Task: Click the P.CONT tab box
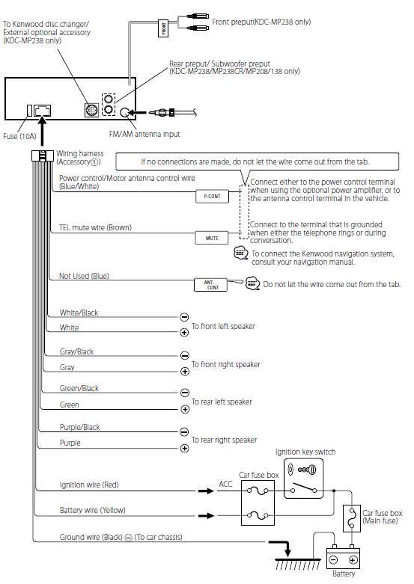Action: point(212,196)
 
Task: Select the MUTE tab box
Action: point(211,238)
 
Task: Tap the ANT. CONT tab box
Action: point(210,285)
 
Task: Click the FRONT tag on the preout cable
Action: point(163,28)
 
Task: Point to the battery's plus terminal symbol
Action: point(353,560)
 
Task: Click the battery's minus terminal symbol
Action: point(333,560)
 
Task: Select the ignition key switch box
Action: point(304,479)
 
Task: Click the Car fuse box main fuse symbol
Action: point(351,518)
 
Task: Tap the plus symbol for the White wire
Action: point(184,332)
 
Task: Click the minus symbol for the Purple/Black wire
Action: point(184,431)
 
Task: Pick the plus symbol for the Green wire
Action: point(185,409)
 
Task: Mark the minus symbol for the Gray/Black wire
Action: point(185,355)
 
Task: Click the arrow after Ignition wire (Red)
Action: point(206,491)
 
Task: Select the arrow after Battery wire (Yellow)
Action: point(206,516)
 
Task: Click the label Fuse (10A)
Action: point(19,136)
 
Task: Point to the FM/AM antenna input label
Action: point(144,134)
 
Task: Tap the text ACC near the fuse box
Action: point(225,484)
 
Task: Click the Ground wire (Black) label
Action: point(91,537)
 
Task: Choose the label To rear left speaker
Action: point(222,402)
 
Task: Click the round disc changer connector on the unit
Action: point(91,110)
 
